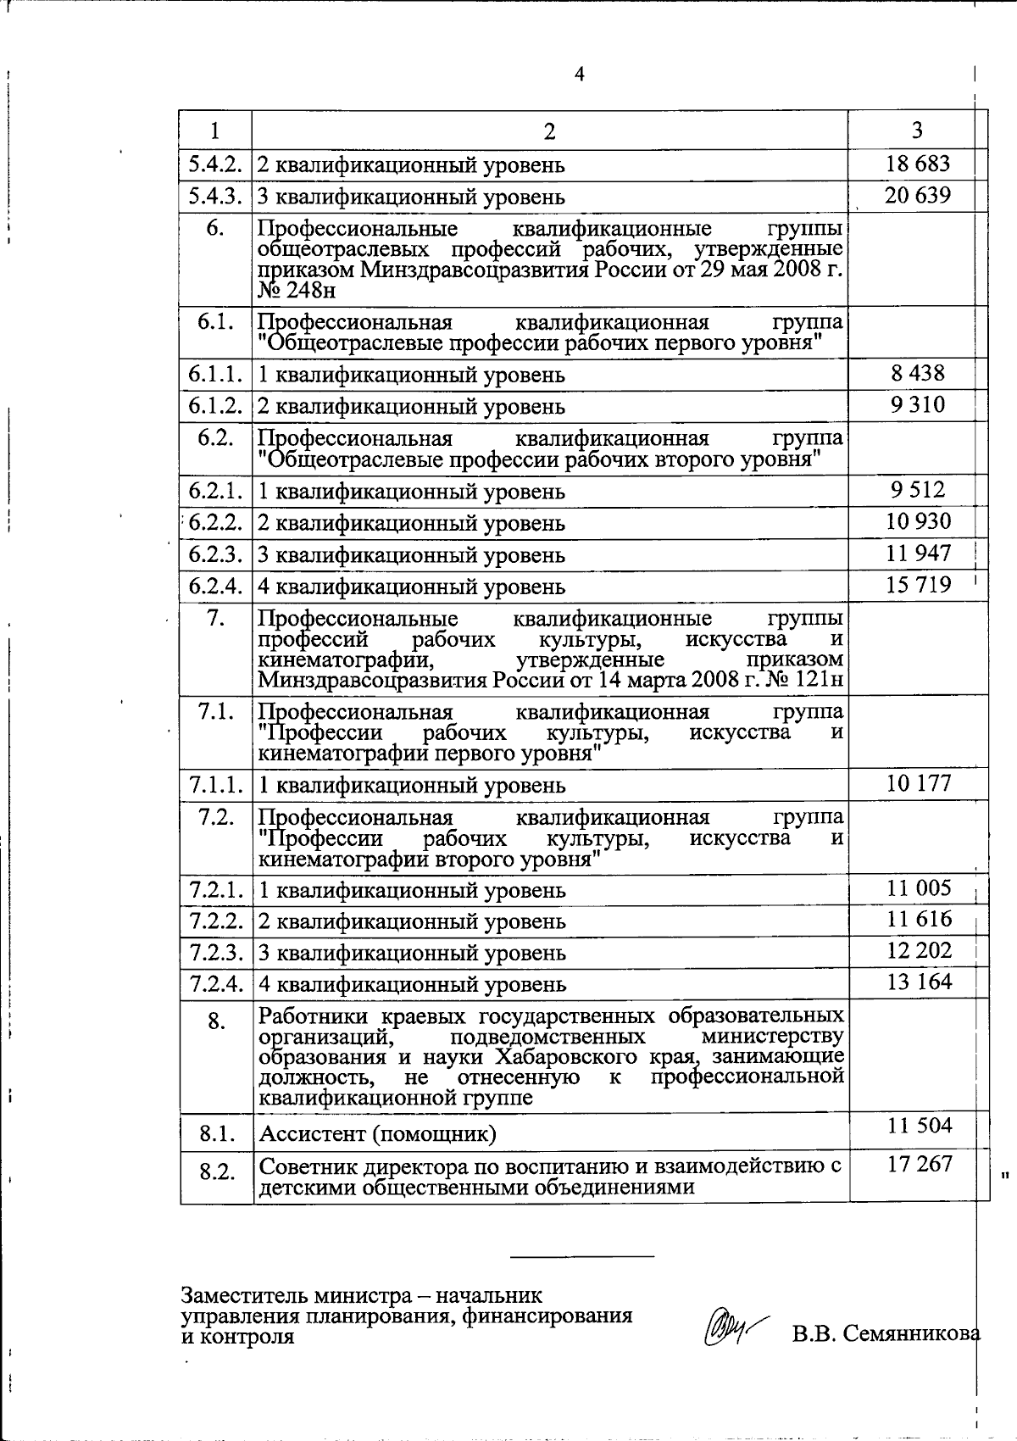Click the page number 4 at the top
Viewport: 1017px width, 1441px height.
click(580, 75)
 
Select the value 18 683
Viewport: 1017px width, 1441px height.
click(917, 164)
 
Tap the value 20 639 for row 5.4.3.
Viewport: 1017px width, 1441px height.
click(917, 196)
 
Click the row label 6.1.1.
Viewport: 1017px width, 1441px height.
click(216, 374)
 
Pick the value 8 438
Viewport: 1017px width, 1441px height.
click(917, 373)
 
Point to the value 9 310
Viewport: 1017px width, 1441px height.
click(917, 404)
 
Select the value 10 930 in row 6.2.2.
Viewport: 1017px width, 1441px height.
click(917, 521)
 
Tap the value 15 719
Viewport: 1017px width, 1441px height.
click(917, 585)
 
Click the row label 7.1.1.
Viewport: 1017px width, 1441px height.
click(216, 784)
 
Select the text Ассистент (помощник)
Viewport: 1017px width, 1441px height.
click(377, 1133)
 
